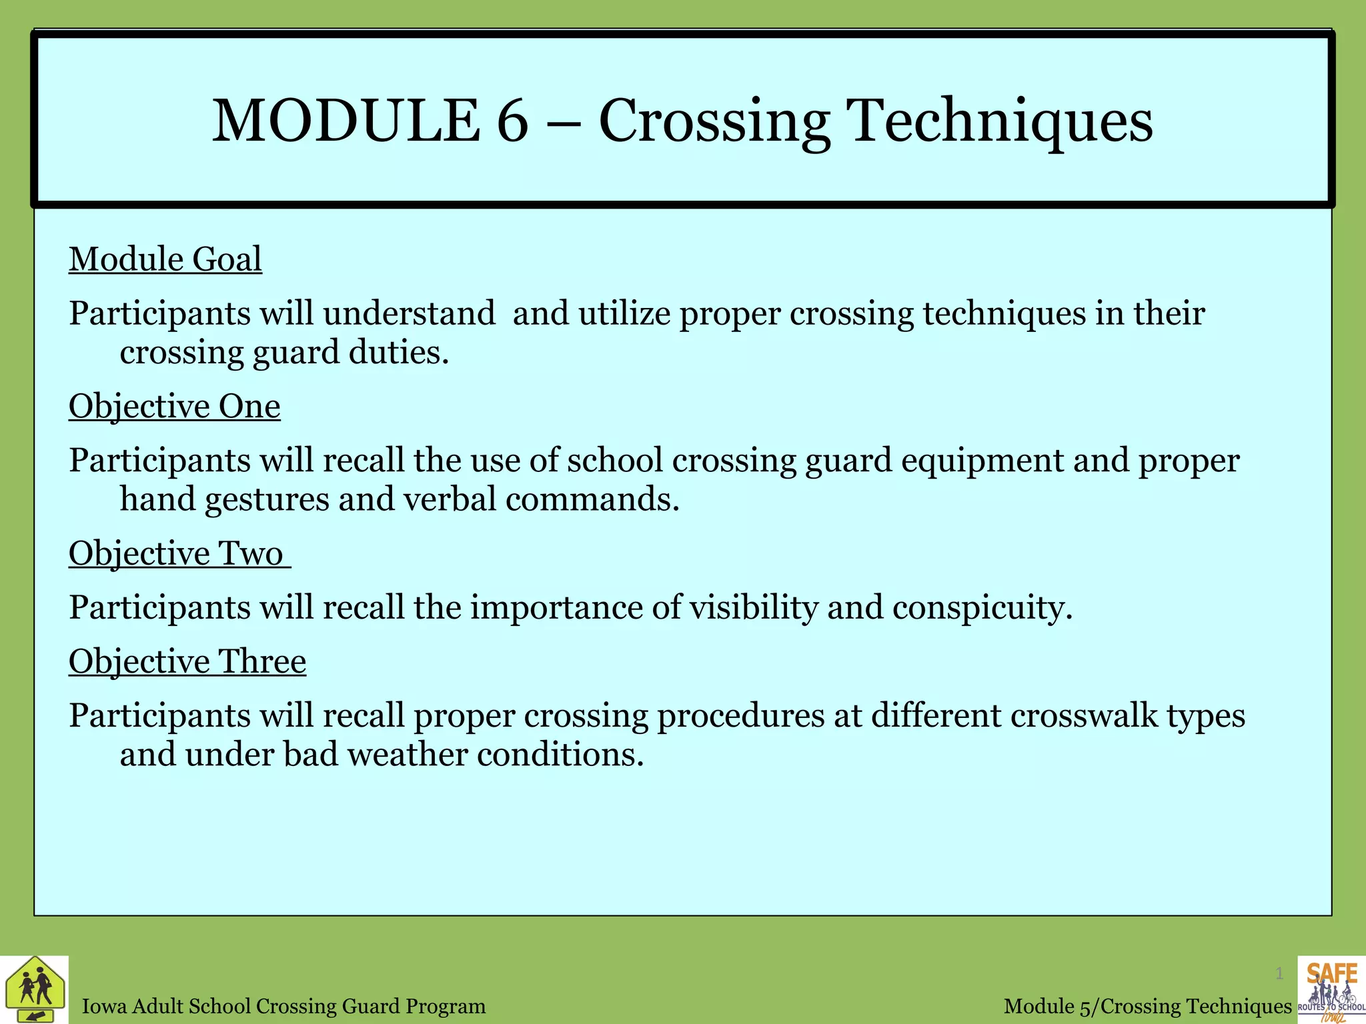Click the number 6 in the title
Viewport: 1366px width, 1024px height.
click(512, 121)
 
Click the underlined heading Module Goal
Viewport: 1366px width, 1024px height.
click(165, 259)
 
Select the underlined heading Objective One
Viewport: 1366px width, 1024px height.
click(175, 407)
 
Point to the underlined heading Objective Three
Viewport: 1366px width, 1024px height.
click(187, 662)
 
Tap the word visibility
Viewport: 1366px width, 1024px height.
click(753, 608)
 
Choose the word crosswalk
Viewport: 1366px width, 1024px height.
click(1084, 716)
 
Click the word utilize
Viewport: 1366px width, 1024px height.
click(624, 314)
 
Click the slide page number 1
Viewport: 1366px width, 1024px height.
click(1279, 974)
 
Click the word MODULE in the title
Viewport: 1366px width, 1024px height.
click(346, 121)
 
